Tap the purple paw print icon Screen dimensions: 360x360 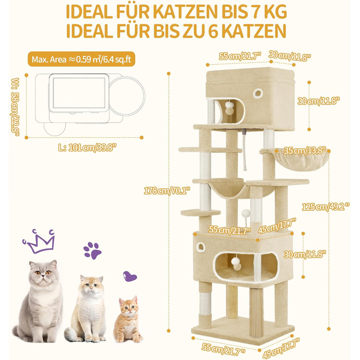[92, 250]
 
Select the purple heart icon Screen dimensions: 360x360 [131, 277]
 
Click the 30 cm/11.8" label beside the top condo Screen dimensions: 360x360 [319, 101]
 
